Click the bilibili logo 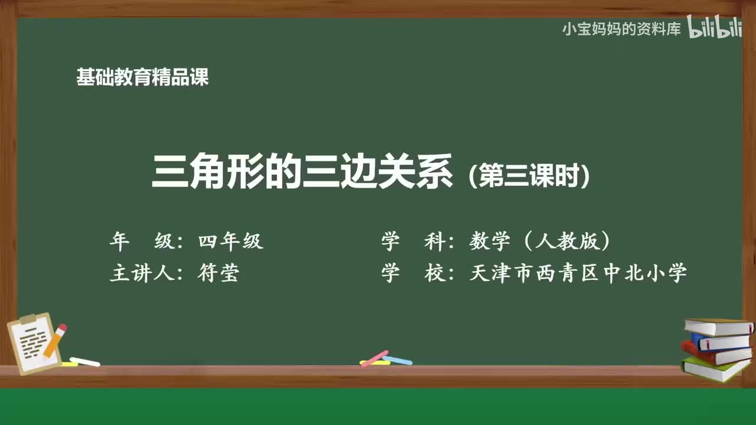click(715, 28)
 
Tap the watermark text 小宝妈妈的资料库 click(621, 30)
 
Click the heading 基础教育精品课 click(142, 77)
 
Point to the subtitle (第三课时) click(529, 175)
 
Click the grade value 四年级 click(230, 241)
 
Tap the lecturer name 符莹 click(218, 273)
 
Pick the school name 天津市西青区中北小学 click(578, 273)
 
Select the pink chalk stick click(374, 358)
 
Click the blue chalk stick click(397, 359)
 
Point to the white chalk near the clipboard click(85, 361)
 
